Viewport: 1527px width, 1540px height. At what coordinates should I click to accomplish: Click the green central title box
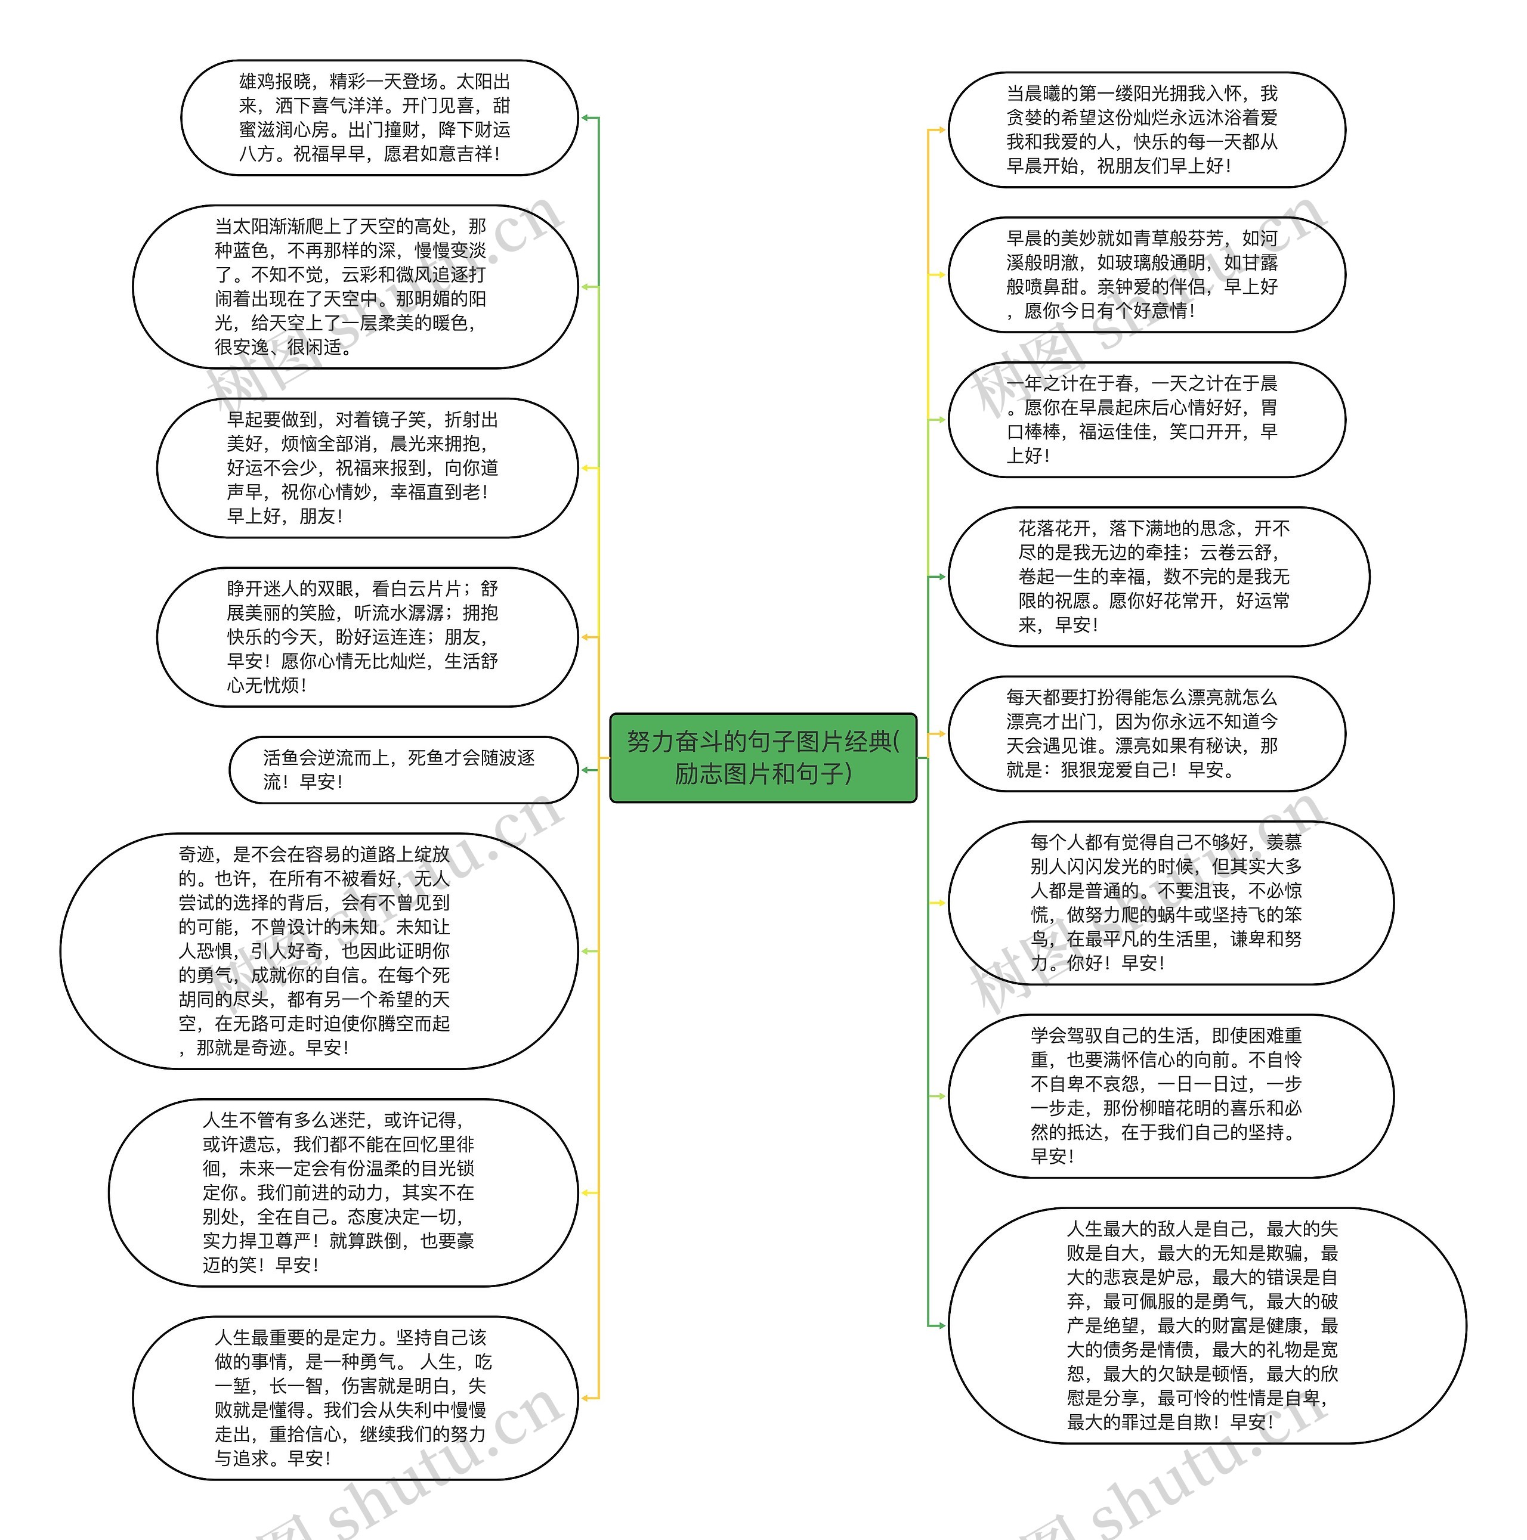click(x=763, y=757)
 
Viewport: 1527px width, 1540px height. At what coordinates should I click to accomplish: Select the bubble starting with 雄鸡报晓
click(x=379, y=118)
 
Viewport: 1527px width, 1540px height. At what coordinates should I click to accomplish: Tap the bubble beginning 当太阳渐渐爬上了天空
click(x=355, y=287)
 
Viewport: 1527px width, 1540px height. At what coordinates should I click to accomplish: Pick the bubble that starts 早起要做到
click(x=367, y=468)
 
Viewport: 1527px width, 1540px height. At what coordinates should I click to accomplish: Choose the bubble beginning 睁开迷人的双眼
click(x=367, y=637)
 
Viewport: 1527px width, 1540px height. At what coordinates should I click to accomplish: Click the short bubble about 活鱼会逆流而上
click(x=403, y=770)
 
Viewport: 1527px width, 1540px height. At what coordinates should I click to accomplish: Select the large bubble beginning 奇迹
click(x=319, y=951)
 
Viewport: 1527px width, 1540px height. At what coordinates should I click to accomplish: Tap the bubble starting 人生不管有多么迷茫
click(x=343, y=1192)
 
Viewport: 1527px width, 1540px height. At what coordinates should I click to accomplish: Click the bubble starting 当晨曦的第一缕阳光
click(x=1146, y=130)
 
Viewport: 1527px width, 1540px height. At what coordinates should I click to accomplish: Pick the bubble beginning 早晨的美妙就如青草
click(x=1146, y=274)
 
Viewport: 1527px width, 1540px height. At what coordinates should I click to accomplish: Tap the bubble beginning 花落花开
click(x=1158, y=577)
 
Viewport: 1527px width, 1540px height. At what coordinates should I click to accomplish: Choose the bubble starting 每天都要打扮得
click(x=1146, y=733)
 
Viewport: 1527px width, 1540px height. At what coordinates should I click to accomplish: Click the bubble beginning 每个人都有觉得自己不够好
click(x=1170, y=902)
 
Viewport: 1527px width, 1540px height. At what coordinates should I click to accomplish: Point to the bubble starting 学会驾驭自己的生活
click(x=1170, y=1096)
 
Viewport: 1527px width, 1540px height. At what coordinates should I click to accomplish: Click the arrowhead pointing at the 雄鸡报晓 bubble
click(x=585, y=118)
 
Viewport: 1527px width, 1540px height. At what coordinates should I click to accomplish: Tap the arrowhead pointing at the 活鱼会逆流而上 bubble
click(x=585, y=770)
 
